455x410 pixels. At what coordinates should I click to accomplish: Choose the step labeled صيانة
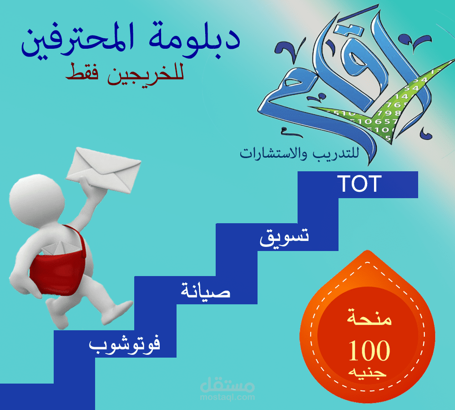point(206,291)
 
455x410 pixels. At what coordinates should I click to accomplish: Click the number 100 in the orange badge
point(369,351)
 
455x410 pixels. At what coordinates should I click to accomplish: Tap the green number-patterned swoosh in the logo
point(391,109)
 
